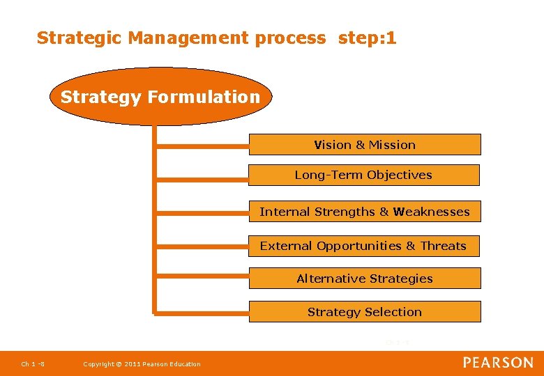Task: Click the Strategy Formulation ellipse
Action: pyautogui.click(x=160, y=97)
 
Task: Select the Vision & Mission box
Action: pyautogui.click(x=365, y=145)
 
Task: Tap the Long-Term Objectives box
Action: pyautogui.click(x=363, y=175)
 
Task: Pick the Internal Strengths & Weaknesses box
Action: pyautogui.click(x=365, y=212)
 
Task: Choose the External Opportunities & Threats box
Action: pyautogui.click(x=363, y=246)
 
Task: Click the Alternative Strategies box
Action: pyautogui.click(x=365, y=279)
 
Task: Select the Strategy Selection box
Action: pyautogui.click(x=365, y=312)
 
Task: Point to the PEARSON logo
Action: pyautogui.click(x=498, y=363)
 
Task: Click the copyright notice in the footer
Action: pyautogui.click(x=142, y=364)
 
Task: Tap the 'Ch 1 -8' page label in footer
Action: pyautogui.click(x=33, y=364)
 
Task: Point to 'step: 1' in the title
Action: pyautogui.click(x=368, y=38)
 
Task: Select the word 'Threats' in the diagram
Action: pyautogui.click(x=444, y=246)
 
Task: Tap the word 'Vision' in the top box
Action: pyautogui.click(x=333, y=145)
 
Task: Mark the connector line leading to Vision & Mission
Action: pyautogui.click(x=202, y=145)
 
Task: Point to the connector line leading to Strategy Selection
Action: pyautogui.click(x=202, y=313)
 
